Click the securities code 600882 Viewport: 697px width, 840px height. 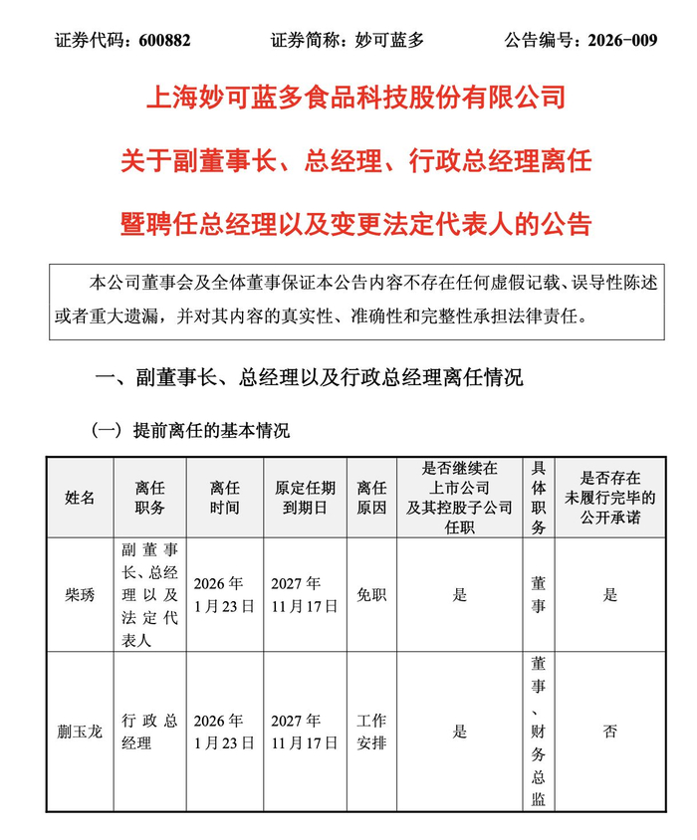[x=157, y=41]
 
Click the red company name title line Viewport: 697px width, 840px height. [x=355, y=97]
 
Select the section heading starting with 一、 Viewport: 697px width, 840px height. [x=308, y=377]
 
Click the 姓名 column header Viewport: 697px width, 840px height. [x=80, y=498]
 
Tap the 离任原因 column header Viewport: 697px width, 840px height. [x=370, y=498]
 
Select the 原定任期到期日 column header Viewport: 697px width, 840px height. [x=306, y=498]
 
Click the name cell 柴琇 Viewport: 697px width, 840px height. [x=80, y=595]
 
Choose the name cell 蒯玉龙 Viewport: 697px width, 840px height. [x=80, y=732]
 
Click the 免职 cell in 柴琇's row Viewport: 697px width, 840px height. [x=370, y=595]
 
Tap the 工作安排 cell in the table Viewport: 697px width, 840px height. [x=370, y=732]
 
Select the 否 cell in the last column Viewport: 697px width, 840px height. [x=610, y=732]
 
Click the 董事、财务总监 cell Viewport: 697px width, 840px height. [x=538, y=732]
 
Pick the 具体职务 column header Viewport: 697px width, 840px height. [x=538, y=498]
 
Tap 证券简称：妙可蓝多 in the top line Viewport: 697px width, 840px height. [x=347, y=41]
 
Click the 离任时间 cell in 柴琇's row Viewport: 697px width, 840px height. [x=225, y=595]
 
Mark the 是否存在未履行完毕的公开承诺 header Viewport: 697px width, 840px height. [x=610, y=498]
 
